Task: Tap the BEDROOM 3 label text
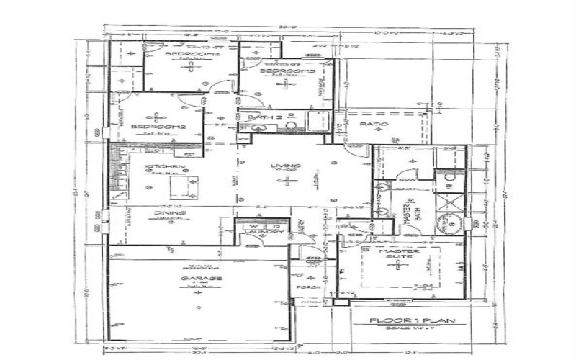287,71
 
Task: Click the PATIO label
374,124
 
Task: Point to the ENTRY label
300,228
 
